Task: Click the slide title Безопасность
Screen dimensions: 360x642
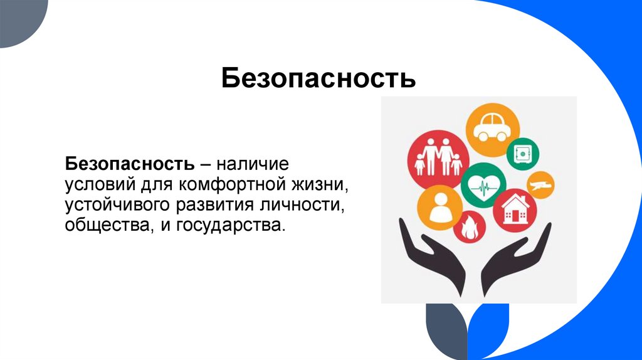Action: click(318, 80)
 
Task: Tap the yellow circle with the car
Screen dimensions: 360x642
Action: click(493, 130)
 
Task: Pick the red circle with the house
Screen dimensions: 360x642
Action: click(515, 211)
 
